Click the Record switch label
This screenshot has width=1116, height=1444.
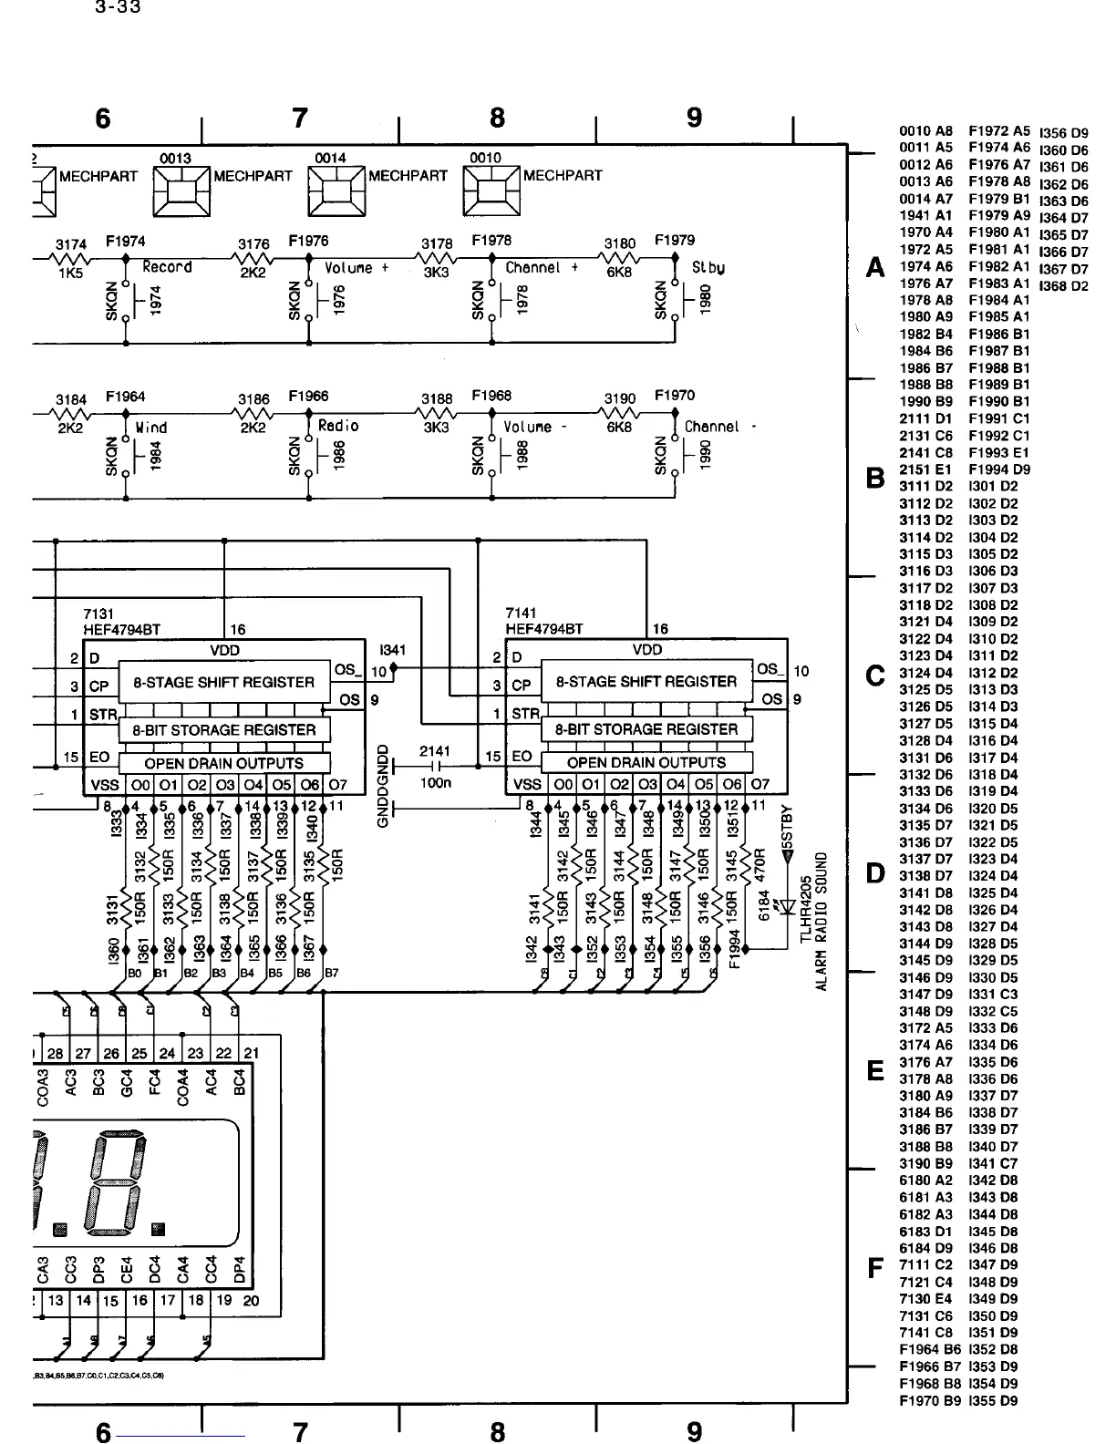click(x=167, y=267)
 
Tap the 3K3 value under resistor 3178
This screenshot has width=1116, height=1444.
click(x=437, y=272)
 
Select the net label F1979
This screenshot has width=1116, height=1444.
click(x=675, y=241)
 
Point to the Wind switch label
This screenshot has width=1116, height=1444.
click(x=151, y=427)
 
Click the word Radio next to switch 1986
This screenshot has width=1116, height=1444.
click(x=338, y=426)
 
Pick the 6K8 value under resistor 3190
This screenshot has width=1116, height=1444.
click(x=619, y=426)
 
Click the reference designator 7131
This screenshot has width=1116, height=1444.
click(x=99, y=614)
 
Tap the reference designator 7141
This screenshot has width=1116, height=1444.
click(x=522, y=614)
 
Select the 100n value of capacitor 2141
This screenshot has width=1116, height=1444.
click(x=436, y=783)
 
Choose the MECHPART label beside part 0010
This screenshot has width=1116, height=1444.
click(x=563, y=176)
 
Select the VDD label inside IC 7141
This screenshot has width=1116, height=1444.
click(x=647, y=650)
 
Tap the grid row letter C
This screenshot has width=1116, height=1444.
click(x=875, y=676)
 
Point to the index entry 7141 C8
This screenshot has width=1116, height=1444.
click(x=925, y=1332)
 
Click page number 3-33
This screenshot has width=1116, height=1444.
click(x=118, y=8)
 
